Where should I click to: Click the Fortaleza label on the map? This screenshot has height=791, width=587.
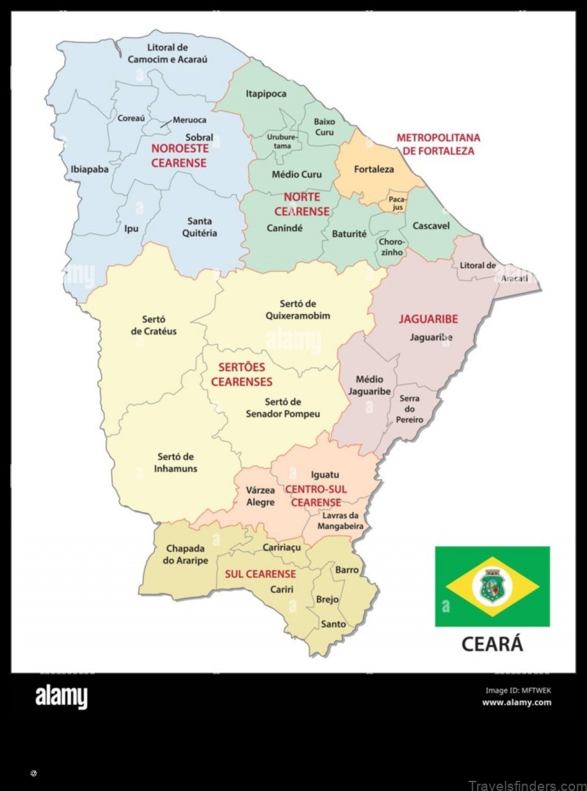(373, 169)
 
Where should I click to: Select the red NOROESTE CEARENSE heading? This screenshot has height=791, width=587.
(179, 156)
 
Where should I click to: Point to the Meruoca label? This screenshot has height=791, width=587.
(189, 120)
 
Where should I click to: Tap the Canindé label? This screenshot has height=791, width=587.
(284, 228)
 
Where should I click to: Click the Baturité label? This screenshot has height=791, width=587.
(349, 234)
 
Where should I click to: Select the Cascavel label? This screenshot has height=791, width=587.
(431, 226)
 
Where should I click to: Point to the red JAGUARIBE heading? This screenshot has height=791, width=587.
(428, 319)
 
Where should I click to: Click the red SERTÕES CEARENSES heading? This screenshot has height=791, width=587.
(241, 374)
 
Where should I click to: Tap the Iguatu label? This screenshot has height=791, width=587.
(325, 475)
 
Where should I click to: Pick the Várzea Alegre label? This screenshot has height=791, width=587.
(260, 496)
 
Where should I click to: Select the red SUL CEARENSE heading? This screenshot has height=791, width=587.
(260, 574)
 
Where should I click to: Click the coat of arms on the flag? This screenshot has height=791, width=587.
(492, 586)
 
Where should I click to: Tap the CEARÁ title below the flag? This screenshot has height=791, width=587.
(492, 644)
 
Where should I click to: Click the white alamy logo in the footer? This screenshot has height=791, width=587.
(62, 696)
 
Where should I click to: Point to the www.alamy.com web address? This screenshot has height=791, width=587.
(517, 702)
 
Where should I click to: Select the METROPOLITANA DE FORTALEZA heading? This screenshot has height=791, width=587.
(438, 144)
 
